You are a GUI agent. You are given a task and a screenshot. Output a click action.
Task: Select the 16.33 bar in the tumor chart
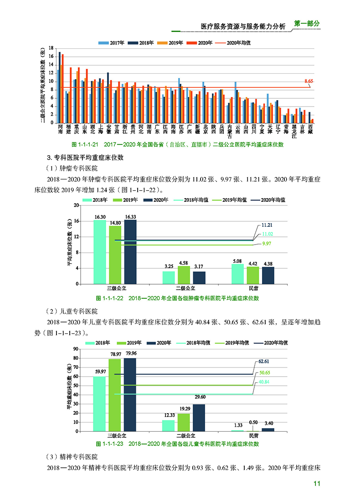click(x=130, y=252)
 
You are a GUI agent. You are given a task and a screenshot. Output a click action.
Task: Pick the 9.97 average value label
click(x=267, y=244)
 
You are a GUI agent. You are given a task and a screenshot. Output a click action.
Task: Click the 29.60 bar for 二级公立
click(x=199, y=418)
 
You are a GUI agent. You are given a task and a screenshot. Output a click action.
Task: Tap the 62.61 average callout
click(x=264, y=361)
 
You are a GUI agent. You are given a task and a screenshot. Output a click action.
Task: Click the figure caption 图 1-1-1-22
click(x=177, y=298)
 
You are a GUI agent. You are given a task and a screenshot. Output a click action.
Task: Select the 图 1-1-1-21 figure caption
click(x=177, y=144)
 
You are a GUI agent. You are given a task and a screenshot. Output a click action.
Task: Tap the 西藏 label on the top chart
click(x=310, y=128)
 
